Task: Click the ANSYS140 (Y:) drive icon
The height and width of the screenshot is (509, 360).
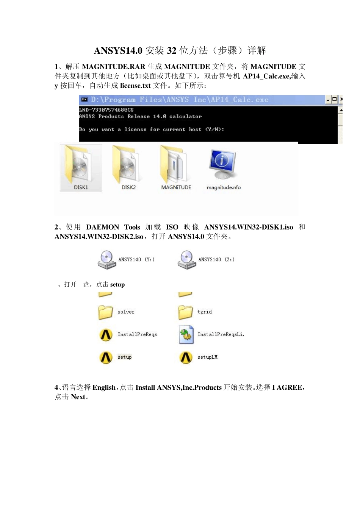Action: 106,259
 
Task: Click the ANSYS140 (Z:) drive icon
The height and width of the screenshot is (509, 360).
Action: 186,259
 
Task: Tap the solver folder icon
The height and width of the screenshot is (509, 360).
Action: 106,312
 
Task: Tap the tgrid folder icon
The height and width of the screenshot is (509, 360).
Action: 186,312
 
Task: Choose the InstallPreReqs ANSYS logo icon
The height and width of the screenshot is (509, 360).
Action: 106,334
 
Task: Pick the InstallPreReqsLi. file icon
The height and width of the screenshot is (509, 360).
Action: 186,335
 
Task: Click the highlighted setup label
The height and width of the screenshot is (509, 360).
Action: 124,357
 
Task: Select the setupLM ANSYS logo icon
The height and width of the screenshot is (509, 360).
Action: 186,357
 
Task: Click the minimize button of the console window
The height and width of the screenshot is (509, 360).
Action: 328,100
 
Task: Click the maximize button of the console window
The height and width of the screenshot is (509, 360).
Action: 334,100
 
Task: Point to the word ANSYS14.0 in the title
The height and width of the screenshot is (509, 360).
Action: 118,50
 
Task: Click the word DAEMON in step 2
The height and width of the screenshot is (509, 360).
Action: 102,227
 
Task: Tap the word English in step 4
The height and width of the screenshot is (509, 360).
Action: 104,387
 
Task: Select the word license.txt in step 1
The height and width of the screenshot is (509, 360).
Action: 135,86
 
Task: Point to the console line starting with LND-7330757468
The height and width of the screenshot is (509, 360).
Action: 106,110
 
